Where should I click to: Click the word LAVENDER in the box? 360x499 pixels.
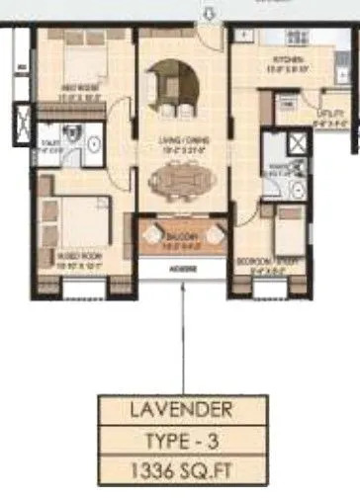tap(182, 408)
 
